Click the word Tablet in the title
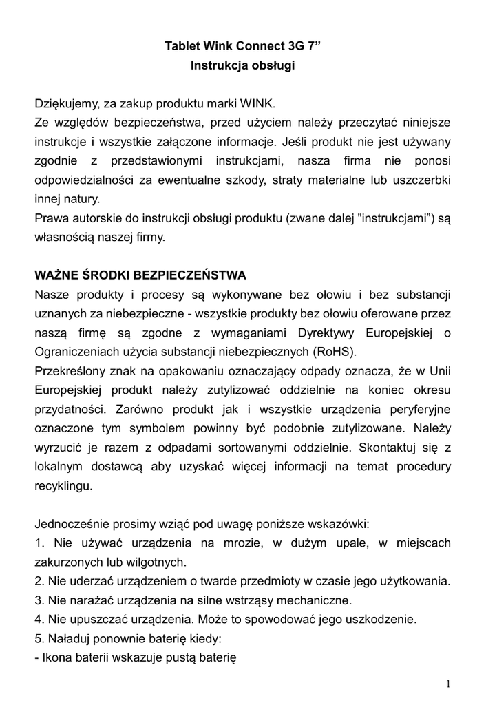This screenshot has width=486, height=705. coord(182,47)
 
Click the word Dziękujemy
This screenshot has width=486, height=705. coord(67,105)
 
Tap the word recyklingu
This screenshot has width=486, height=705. coord(63,485)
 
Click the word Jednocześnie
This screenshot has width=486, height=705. coord(74,523)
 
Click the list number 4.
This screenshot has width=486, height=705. coord(39,618)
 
